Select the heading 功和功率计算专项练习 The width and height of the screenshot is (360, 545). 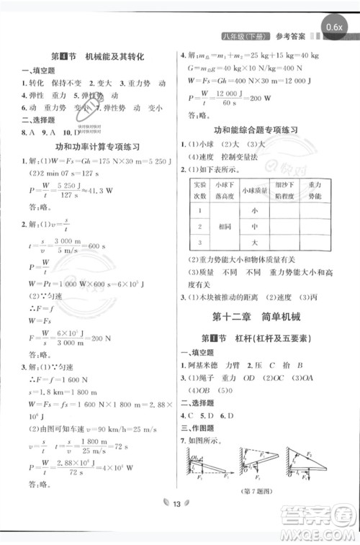(x=94, y=146)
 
